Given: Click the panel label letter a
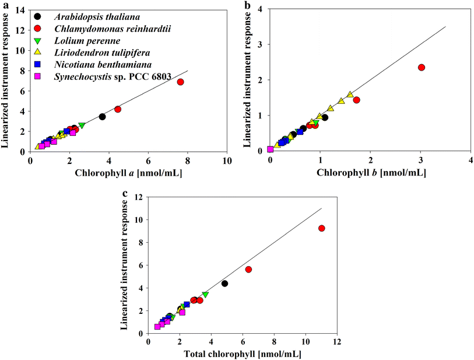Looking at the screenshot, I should pyautogui.click(x=4, y=5).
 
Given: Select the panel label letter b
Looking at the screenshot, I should pyautogui.click(x=247, y=5).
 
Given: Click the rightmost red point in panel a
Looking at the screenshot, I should pyautogui.click(x=181, y=82).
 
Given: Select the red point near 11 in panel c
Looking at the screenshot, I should pyautogui.click(x=321, y=228).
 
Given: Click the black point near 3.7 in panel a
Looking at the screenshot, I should pyautogui.click(x=102, y=117).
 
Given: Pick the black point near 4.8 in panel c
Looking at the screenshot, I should pyautogui.click(x=224, y=284).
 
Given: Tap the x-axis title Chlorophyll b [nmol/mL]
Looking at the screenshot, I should pyautogui.click(x=370, y=173).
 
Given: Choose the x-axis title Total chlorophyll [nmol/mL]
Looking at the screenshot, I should pyautogui.click(x=243, y=355).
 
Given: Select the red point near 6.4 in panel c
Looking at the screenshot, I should pyautogui.click(x=248, y=270).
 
